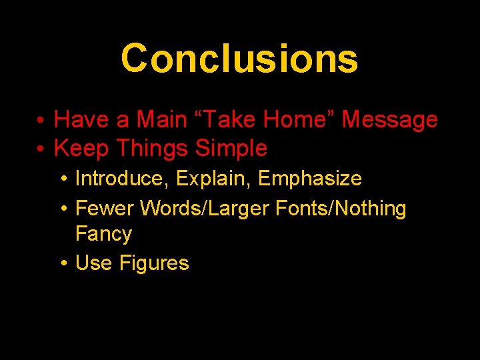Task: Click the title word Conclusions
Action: [239, 58]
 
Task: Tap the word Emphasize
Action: [310, 179]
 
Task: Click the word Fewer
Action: [105, 209]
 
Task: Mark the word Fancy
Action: [103, 234]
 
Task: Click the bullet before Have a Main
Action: [41, 121]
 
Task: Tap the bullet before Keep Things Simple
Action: [41, 149]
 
